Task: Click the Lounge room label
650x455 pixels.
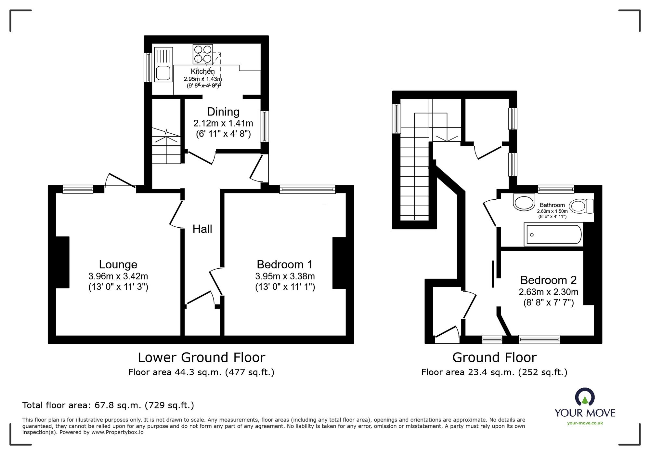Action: coord(118,264)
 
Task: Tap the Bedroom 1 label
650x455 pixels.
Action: coord(285,264)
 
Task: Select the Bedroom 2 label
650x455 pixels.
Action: coord(549,280)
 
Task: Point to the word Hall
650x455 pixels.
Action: coord(202,229)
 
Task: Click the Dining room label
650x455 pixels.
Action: coord(223,112)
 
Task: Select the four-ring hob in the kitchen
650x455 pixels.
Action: coord(203,54)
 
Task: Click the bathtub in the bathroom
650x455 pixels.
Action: coord(554,234)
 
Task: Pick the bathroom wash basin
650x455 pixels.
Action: coord(524,202)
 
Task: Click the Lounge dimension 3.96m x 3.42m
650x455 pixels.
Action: coord(118,276)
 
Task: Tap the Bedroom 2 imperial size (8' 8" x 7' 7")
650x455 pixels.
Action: coord(549,302)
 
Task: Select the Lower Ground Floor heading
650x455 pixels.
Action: coord(201,357)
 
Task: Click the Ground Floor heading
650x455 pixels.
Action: coord(494,357)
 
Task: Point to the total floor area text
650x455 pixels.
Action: coord(108,405)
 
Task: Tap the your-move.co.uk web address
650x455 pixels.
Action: coord(585,423)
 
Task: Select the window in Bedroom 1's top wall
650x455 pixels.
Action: coord(307,189)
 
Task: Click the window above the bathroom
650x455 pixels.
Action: coord(556,189)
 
